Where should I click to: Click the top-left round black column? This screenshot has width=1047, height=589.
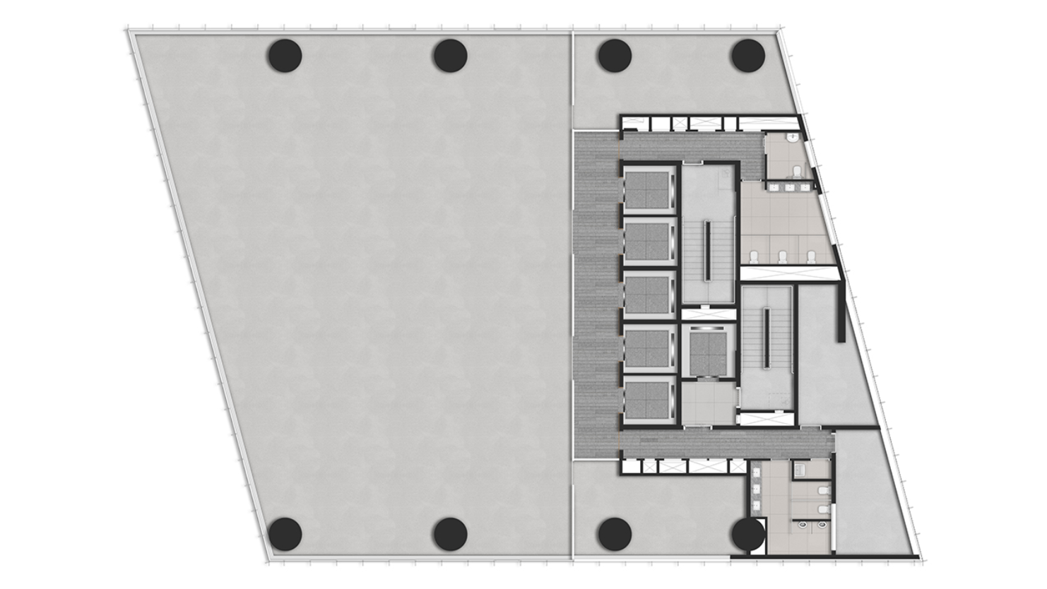pos(285,55)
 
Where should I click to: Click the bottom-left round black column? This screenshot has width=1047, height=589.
pos(285,534)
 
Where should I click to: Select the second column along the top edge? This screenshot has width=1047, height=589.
pos(450,55)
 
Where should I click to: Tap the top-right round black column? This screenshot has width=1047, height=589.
pos(747,55)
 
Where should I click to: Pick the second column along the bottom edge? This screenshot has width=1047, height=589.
pos(450,534)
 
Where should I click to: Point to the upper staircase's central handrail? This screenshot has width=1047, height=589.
pos(706,251)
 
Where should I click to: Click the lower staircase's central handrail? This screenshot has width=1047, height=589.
pos(767,338)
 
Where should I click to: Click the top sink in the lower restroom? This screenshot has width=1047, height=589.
pos(757,473)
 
